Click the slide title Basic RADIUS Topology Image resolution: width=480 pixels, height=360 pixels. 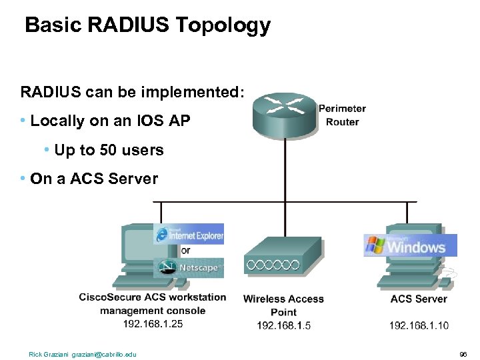click(x=147, y=25)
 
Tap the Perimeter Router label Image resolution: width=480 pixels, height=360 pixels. click(x=342, y=115)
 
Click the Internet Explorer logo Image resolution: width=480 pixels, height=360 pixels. click(x=189, y=234)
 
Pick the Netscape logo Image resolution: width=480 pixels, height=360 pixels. click(x=189, y=268)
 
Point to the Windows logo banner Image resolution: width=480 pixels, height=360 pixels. click(x=410, y=245)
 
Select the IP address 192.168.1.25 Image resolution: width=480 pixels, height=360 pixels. click(x=153, y=323)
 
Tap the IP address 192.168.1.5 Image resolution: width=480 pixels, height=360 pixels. click(x=283, y=325)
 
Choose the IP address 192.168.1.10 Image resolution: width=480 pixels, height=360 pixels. click(x=419, y=325)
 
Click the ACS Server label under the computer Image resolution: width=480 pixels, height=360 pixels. click(x=418, y=299)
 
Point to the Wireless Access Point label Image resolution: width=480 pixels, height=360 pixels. click(x=283, y=305)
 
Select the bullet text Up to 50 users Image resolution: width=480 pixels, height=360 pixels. click(x=109, y=150)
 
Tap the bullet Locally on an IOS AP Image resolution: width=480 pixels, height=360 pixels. click(x=110, y=121)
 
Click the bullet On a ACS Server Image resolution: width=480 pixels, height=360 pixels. click(x=94, y=179)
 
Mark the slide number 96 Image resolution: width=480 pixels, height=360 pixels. click(x=463, y=354)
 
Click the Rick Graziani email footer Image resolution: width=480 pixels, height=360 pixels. click(x=82, y=354)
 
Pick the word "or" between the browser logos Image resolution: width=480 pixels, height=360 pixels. click(x=185, y=251)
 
